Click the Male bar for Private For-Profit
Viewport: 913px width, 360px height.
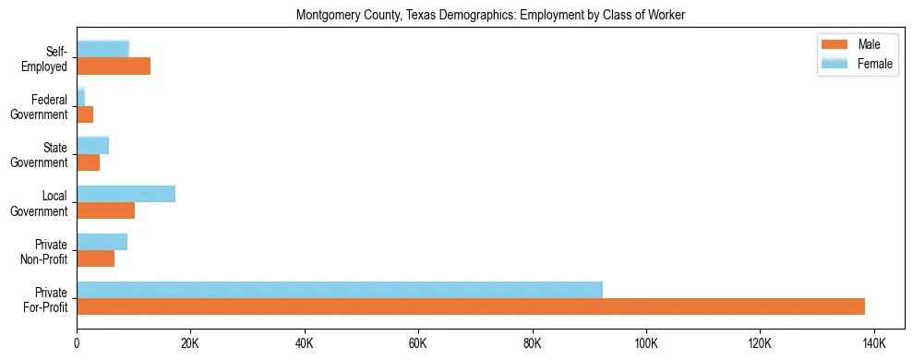[x=471, y=306]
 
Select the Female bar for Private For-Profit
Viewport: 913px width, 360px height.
[x=339, y=290]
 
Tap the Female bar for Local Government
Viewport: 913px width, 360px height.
[x=126, y=194]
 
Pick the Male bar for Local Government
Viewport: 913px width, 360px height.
[x=105, y=210]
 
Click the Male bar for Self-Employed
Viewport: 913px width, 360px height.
[x=114, y=66]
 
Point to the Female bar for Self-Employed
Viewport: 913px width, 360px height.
[x=102, y=50]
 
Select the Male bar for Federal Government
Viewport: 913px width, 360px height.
[x=85, y=114]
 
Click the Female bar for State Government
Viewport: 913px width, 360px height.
[x=92, y=146]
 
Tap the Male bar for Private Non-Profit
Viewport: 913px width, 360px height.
[x=95, y=258]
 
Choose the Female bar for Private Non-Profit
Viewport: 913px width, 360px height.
[x=102, y=242]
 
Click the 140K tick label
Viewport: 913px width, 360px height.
[x=873, y=343]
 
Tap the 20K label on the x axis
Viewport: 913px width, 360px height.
[x=190, y=343]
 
